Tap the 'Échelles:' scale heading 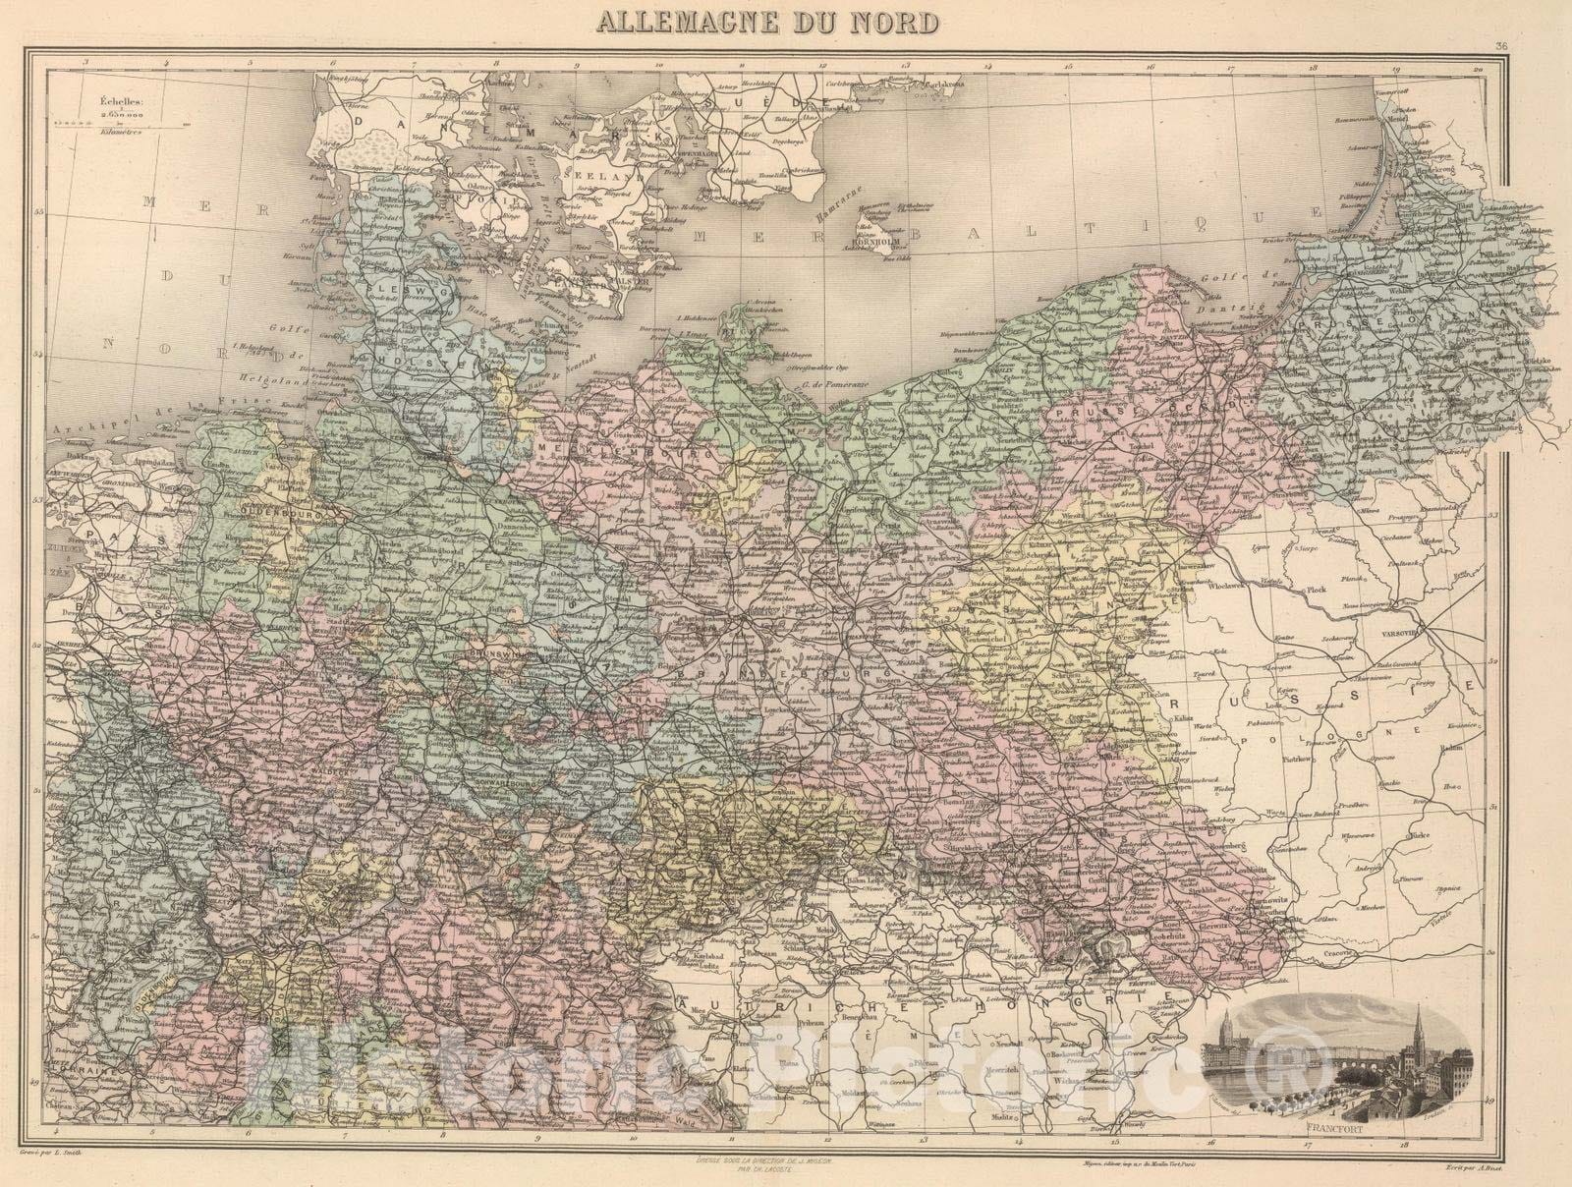pos(117,99)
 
